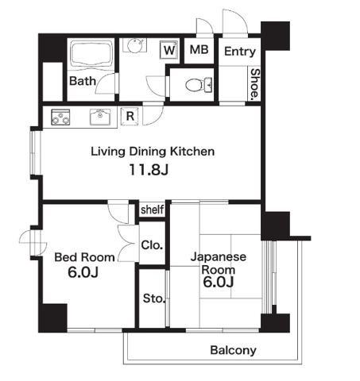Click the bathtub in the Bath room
93,55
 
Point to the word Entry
239,52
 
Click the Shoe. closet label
254,83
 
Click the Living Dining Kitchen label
153,151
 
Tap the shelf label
153,210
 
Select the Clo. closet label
152,245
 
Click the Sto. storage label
153,299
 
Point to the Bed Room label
84,257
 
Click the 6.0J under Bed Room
84,274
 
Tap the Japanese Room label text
219,264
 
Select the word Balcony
233,350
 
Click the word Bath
82,81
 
